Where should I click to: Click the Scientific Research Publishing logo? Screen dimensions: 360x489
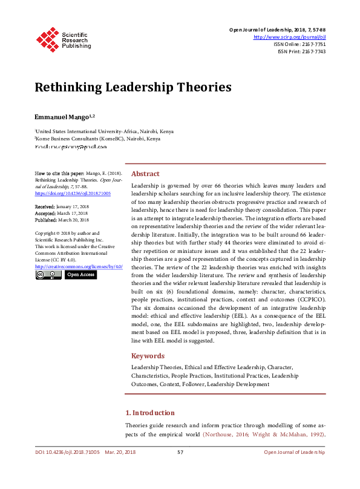(x=63, y=38)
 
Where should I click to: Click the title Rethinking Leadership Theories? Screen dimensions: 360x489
(x=133, y=87)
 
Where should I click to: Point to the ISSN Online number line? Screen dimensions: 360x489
(x=299, y=44)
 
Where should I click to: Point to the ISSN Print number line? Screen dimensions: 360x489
(x=301, y=51)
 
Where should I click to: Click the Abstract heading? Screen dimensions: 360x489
(x=145, y=173)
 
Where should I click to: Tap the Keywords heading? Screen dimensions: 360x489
(x=148, y=356)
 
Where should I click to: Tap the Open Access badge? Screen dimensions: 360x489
(x=80, y=275)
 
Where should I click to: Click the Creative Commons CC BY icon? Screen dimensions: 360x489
(x=48, y=275)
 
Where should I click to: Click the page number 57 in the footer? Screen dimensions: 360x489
(x=180, y=452)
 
